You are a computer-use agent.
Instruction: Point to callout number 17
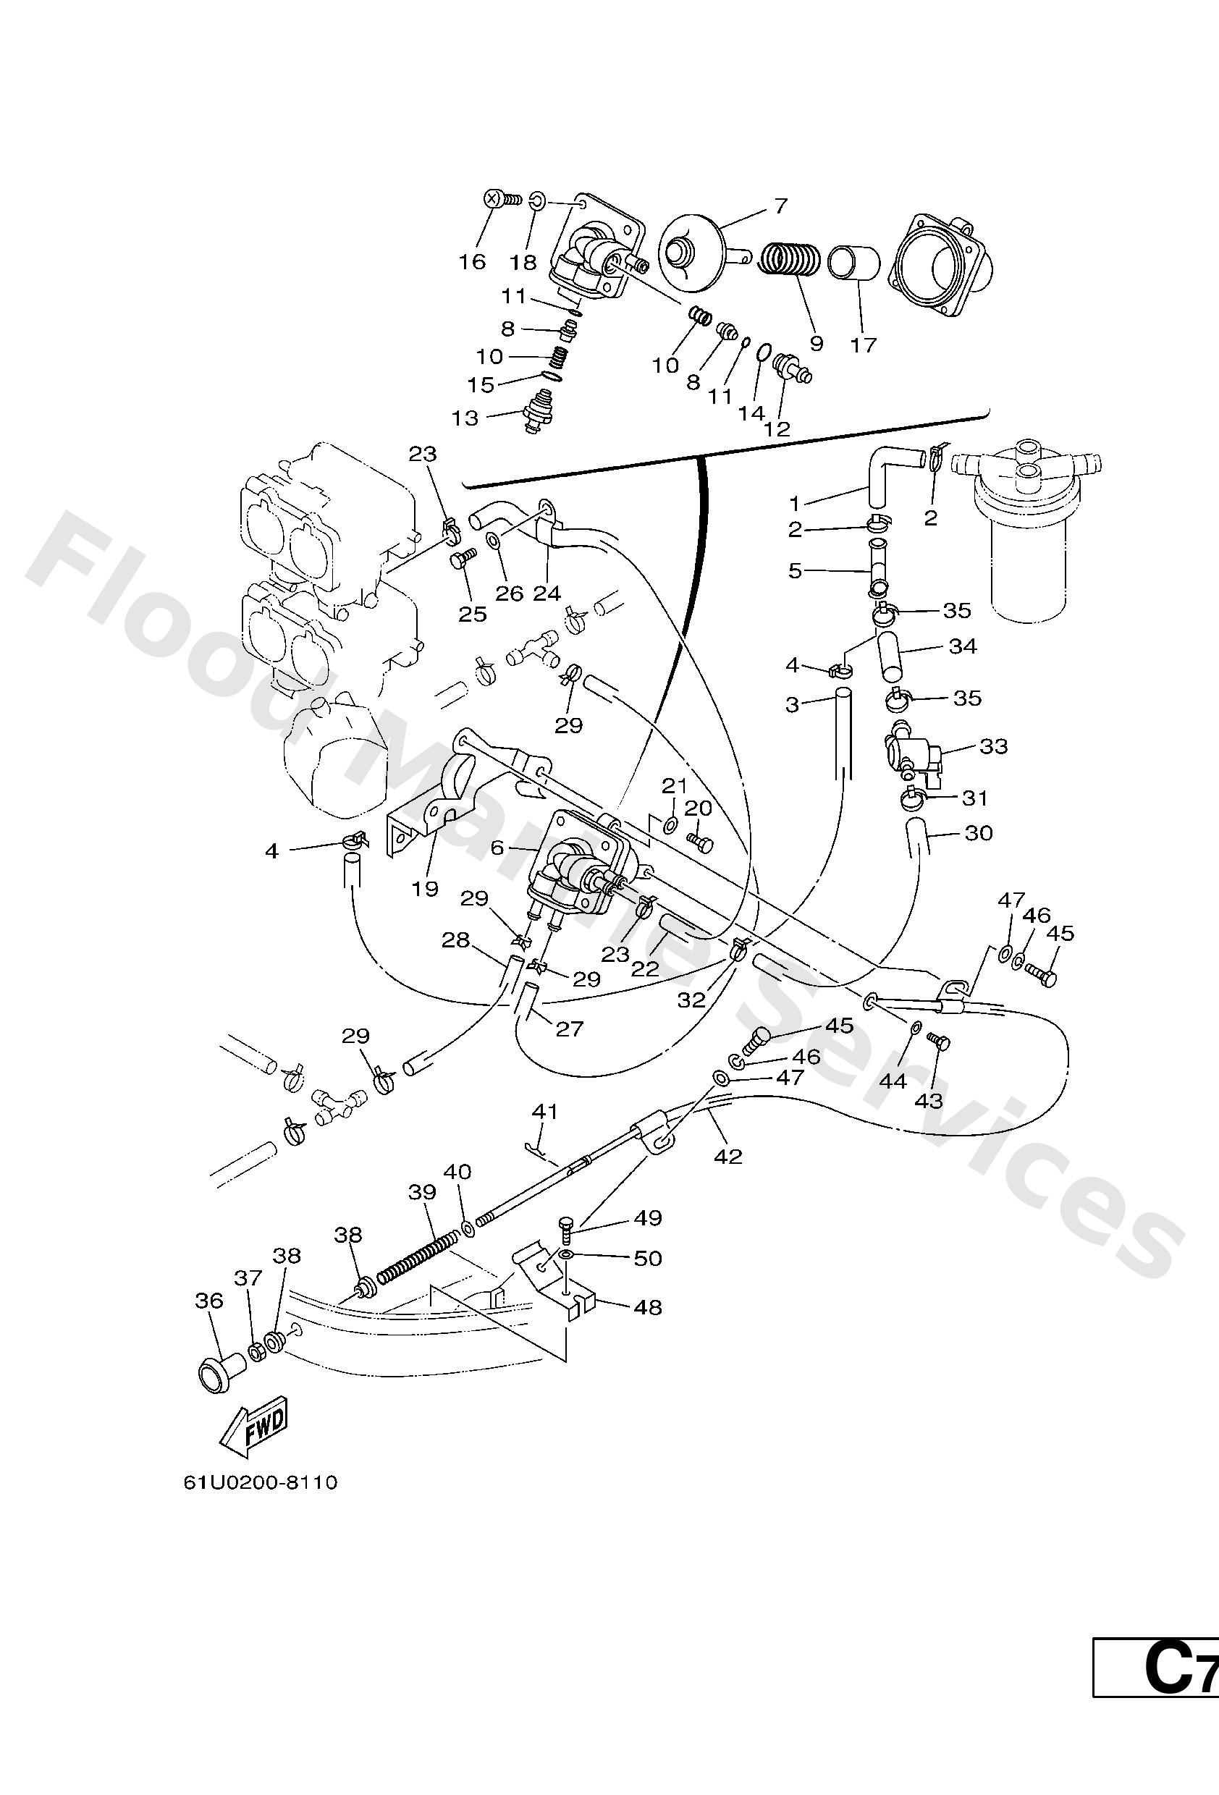point(864,345)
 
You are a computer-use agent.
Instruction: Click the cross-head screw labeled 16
point(494,199)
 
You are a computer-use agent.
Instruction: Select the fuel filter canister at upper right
point(1024,533)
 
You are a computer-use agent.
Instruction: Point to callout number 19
point(425,888)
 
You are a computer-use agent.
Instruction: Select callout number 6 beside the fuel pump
point(497,848)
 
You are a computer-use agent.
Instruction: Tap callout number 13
point(465,418)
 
